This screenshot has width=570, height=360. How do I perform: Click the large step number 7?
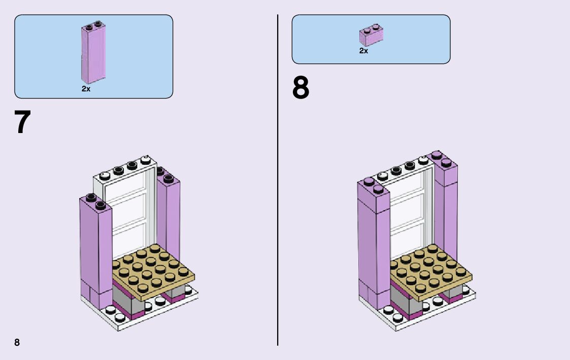(x=23, y=122)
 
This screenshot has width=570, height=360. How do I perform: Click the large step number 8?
(x=300, y=88)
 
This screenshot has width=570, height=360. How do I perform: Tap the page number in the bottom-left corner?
(x=17, y=342)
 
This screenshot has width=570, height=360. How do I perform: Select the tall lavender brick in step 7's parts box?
(x=93, y=54)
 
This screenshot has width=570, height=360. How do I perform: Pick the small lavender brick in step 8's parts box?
(x=371, y=36)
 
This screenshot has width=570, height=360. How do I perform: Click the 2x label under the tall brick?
(x=86, y=89)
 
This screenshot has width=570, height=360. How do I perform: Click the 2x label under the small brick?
(x=363, y=51)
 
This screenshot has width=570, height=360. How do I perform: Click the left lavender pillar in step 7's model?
(x=95, y=249)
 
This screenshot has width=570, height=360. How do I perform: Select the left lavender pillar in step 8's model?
(x=373, y=244)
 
